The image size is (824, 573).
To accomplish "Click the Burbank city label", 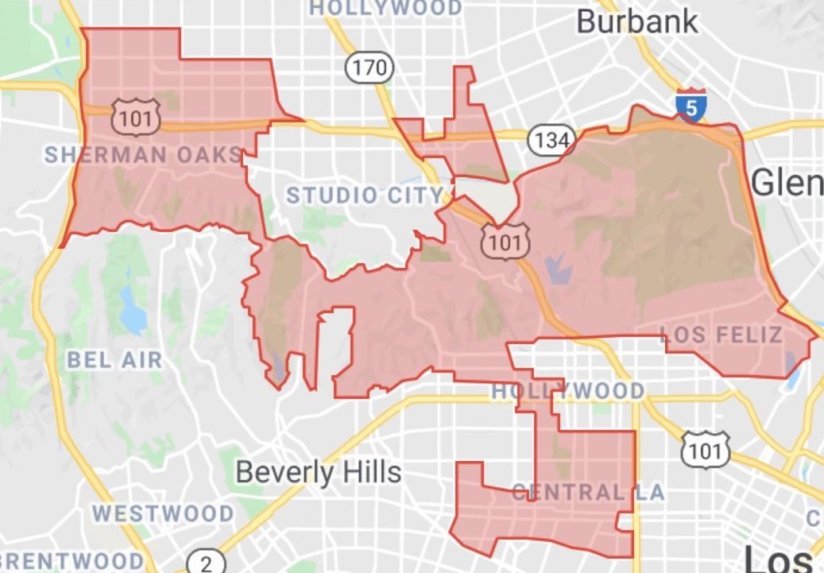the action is pos(637,21).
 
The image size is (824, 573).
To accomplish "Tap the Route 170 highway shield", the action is pos(369,68).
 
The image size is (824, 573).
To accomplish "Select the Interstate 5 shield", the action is pos(691,106).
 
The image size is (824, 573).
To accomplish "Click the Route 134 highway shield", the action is pos(551,141).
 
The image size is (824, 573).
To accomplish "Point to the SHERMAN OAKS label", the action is pos(143,154).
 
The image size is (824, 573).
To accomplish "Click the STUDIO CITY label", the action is pos(365,195).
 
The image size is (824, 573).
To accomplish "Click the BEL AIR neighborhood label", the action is pos(114,359).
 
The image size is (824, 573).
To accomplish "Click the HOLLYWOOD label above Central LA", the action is pos(568,390).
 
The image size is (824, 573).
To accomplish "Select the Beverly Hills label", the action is pos(319,473).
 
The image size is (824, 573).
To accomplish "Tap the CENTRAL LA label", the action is pos(588,492).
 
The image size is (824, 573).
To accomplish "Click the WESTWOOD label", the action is pos(164,513).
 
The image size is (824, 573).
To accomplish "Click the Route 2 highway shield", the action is pos(206,562).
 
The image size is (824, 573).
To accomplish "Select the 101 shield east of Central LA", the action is pos(705,450).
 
